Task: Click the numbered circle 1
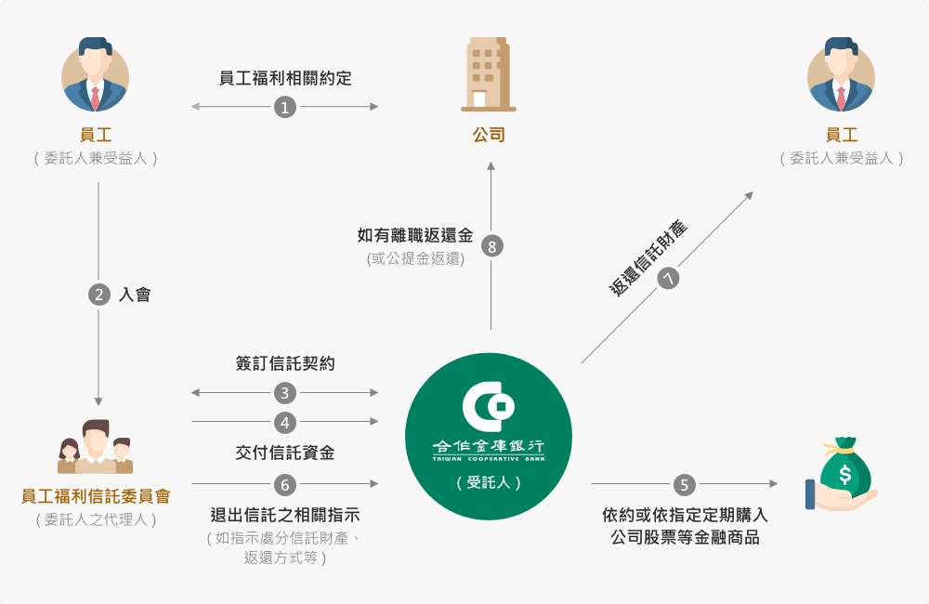pyautogui.click(x=285, y=108)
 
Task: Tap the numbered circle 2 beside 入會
pyautogui.click(x=99, y=295)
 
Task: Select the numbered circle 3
pyautogui.click(x=285, y=393)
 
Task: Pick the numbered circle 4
pyautogui.click(x=285, y=423)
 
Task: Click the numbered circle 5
pyautogui.click(x=685, y=484)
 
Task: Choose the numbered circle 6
pyautogui.click(x=285, y=484)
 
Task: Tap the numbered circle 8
pyautogui.click(x=491, y=246)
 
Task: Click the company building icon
pyautogui.click(x=489, y=74)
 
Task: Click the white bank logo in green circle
pyautogui.click(x=489, y=409)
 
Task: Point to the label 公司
pyautogui.click(x=489, y=135)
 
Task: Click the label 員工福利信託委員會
pyautogui.click(x=96, y=497)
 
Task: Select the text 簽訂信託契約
pyautogui.click(x=285, y=364)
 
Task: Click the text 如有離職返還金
pyautogui.click(x=415, y=236)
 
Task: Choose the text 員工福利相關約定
pyautogui.click(x=285, y=79)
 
